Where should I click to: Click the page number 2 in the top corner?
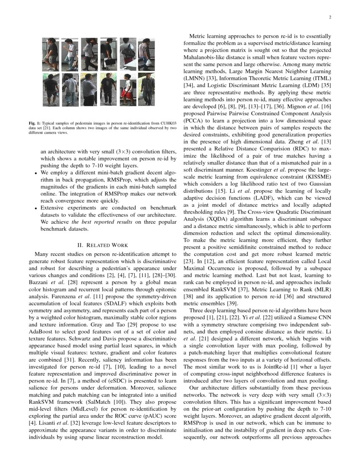click(329, 17)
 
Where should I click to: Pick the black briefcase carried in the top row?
click(109, 62)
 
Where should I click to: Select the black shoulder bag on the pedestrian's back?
click(128, 53)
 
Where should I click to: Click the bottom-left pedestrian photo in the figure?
click(51, 89)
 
